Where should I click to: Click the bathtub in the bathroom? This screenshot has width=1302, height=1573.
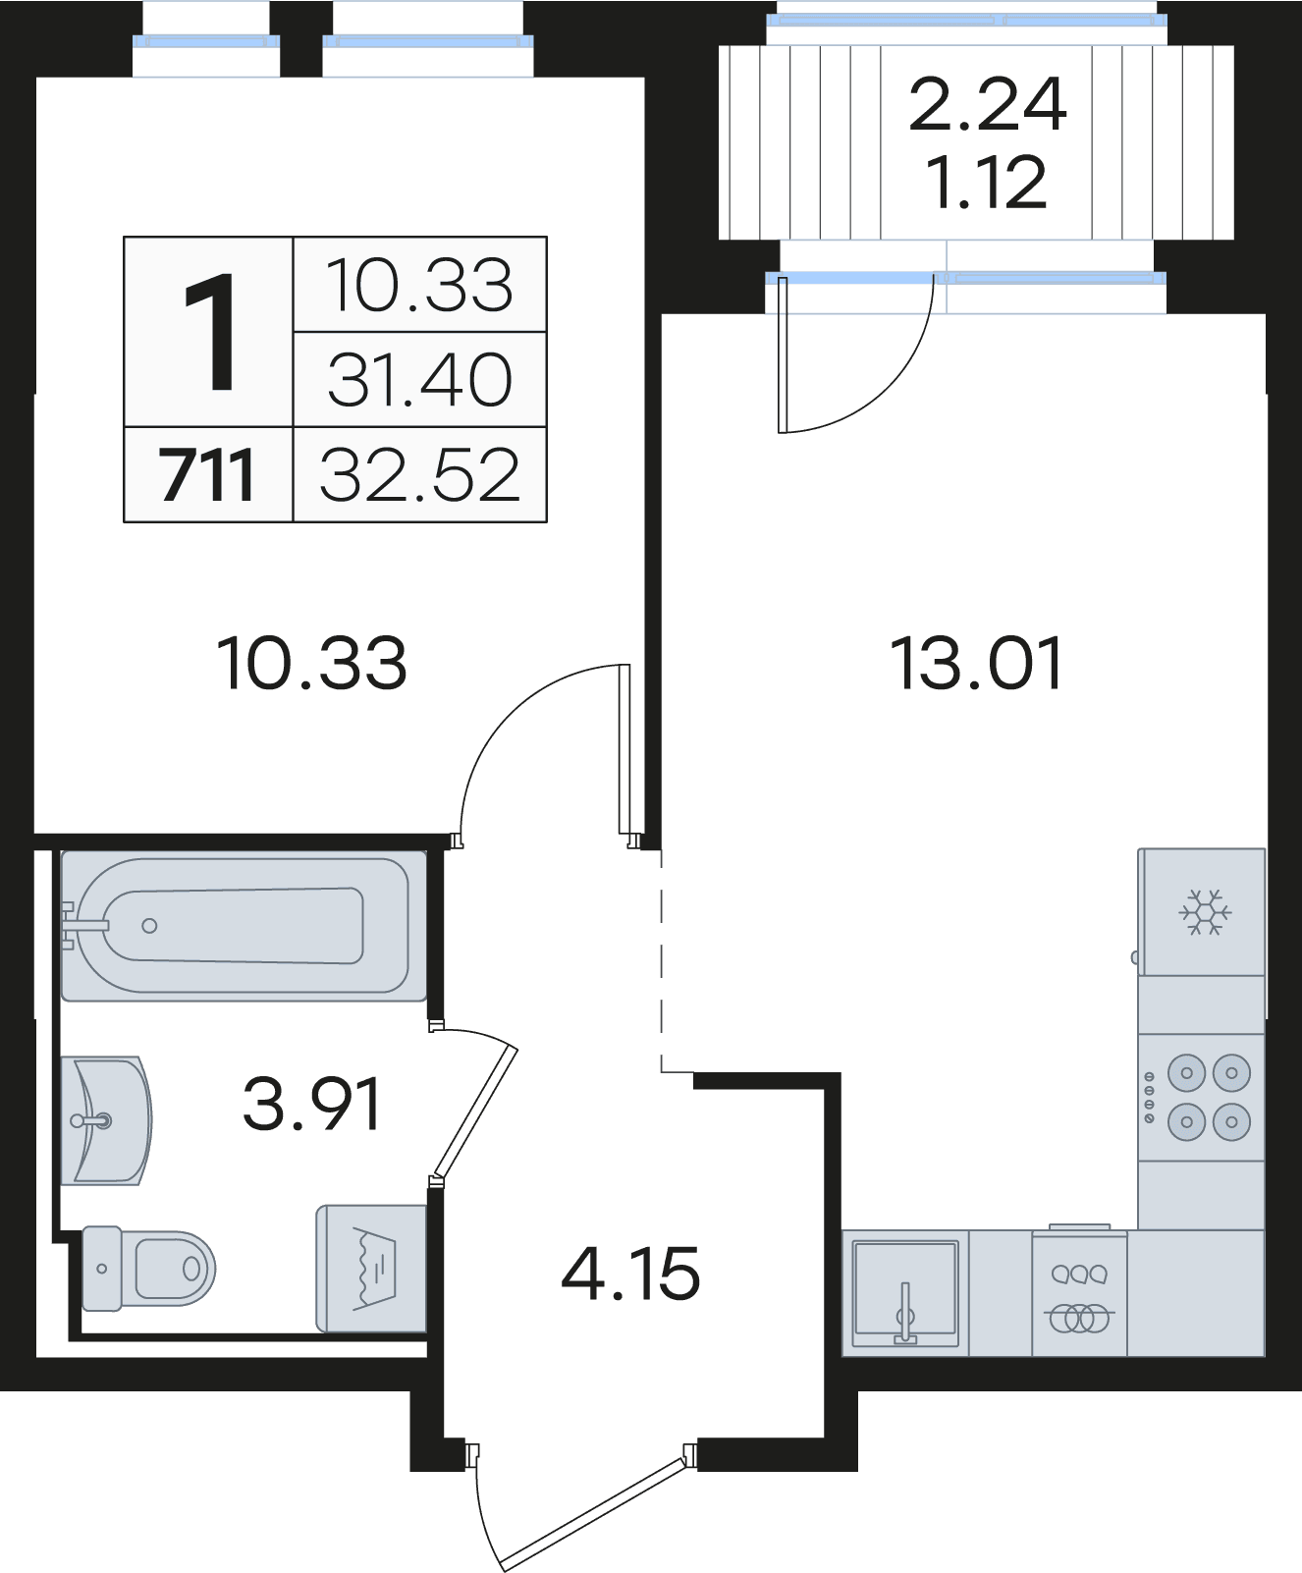[x=244, y=925]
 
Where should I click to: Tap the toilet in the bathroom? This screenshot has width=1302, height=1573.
[x=148, y=1268]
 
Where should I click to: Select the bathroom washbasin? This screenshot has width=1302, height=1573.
[x=105, y=1120]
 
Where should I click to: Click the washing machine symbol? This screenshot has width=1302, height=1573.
[x=371, y=1269]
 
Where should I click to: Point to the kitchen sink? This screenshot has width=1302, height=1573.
[x=905, y=1293]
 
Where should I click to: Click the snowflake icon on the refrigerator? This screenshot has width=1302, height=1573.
[x=1205, y=913]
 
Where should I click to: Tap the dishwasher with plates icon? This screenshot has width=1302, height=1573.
[x=1079, y=1294]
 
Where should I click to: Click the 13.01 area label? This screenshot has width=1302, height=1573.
[x=977, y=664]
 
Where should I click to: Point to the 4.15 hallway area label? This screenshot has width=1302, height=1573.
[x=631, y=1274]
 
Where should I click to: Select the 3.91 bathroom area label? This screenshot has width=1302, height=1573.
[x=312, y=1104]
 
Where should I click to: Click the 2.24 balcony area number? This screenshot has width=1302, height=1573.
[x=987, y=104]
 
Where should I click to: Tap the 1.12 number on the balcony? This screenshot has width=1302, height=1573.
[x=987, y=183]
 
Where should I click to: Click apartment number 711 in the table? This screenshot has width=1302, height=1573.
[x=207, y=475]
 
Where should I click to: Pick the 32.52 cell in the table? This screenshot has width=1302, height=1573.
[x=420, y=475]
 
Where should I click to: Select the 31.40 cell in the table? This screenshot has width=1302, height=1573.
[x=420, y=380]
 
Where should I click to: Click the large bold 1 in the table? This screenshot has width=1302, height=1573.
[x=209, y=333]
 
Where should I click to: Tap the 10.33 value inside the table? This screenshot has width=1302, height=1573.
[x=419, y=286]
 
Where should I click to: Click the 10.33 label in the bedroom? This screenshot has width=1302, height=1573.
[x=311, y=664]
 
